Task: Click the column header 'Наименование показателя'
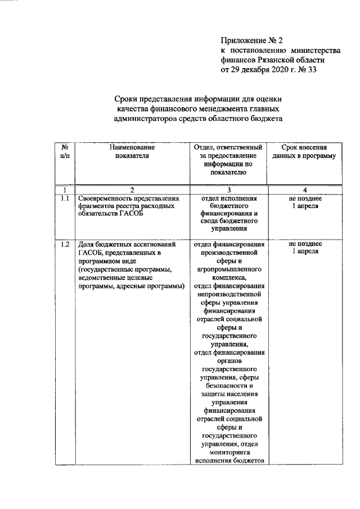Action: coord(132,151)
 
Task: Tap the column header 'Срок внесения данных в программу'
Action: coord(304,151)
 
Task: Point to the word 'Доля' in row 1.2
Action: coord(87,245)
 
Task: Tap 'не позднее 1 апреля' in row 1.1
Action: coord(304,202)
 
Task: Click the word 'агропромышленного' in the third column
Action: coord(228,269)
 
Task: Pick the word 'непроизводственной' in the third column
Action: coord(228,293)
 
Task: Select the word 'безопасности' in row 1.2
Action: coord(228,386)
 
